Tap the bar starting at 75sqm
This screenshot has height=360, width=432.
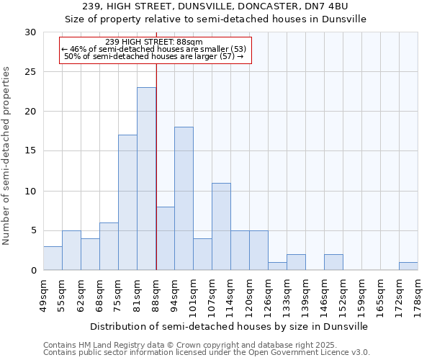click(127, 202)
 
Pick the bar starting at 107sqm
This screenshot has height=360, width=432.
click(221, 227)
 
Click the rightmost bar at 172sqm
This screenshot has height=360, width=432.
click(408, 266)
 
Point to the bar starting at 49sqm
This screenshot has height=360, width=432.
click(53, 258)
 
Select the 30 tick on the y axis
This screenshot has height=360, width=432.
click(30, 32)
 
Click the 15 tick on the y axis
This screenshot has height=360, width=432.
click(30, 151)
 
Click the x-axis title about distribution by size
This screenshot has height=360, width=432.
click(230, 326)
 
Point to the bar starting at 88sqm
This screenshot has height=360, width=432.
click(165, 238)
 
